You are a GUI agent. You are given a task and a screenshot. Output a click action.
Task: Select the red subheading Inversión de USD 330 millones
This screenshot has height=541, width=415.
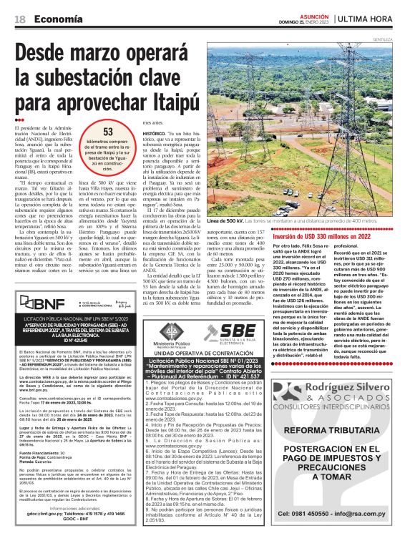(x=332, y=236)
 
